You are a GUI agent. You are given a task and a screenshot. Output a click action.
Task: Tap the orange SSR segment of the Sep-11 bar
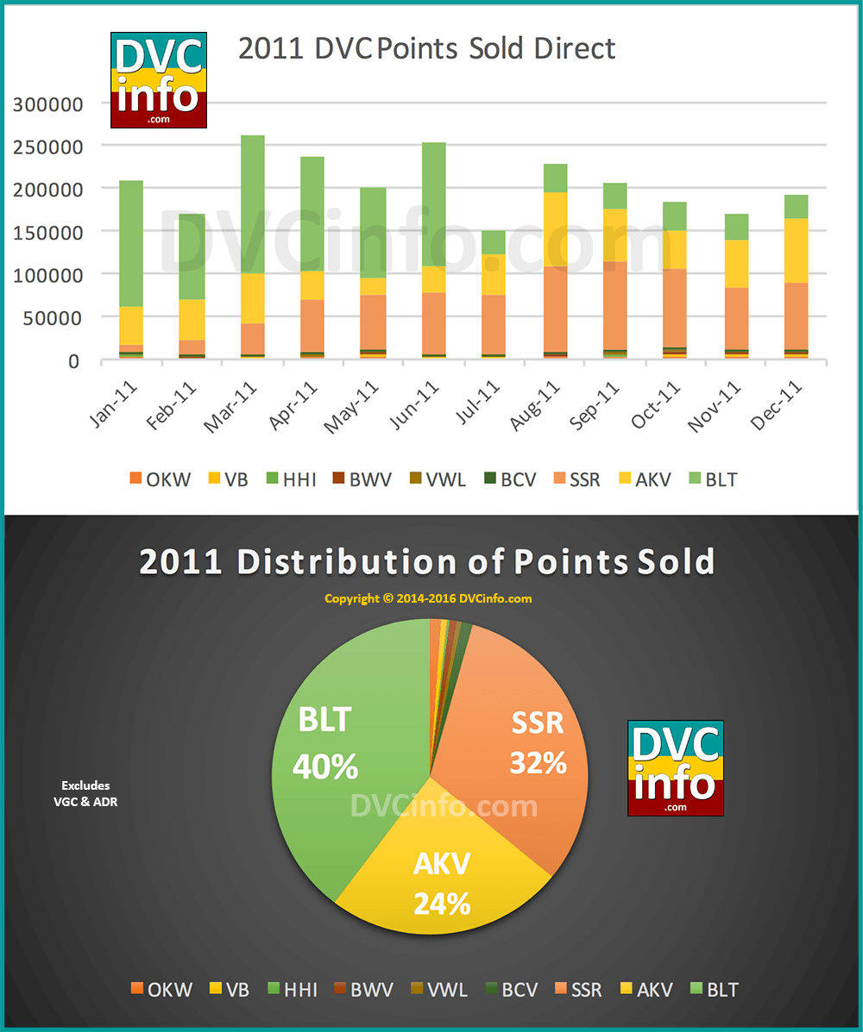[x=615, y=305]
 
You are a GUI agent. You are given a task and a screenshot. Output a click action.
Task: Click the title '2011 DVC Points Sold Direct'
[x=427, y=48]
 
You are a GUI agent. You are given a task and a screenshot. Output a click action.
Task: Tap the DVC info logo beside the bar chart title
[x=159, y=79]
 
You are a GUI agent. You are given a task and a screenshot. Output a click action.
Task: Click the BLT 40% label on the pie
[x=324, y=742]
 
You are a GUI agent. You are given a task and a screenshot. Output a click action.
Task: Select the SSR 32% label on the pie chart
[x=537, y=742]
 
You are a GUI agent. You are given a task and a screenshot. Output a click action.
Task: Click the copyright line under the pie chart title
[x=428, y=598]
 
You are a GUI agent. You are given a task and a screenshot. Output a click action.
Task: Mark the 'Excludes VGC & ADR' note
[x=85, y=794]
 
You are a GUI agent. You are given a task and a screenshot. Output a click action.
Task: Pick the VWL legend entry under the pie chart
[x=438, y=989]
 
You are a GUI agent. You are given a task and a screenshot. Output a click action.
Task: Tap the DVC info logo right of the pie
[x=675, y=768]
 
